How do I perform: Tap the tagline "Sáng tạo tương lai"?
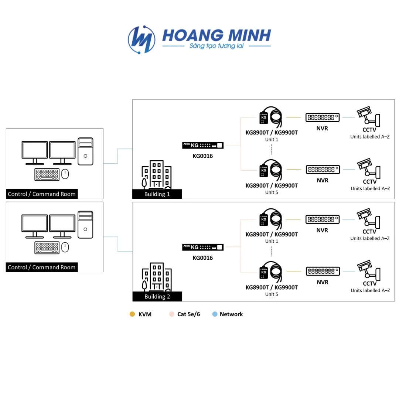pyautogui.click(x=217, y=46)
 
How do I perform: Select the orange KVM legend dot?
pyautogui.click(x=132, y=314)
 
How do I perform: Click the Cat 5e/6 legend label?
pyautogui.click(x=188, y=314)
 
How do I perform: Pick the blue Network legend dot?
pyautogui.click(x=215, y=314)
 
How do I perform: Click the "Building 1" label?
pyautogui.click(x=157, y=194)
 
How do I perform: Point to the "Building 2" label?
pyautogui.click(x=157, y=296)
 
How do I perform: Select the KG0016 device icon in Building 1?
pyautogui.click(x=203, y=145)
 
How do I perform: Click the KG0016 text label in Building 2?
pyautogui.click(x=202, y=258)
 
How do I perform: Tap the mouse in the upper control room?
pyautogui.click(x=65, y=174)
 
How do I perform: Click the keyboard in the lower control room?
pyautogui.click(x=47, y=248)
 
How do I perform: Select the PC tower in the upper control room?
pyautogui.click(x=85, y=151)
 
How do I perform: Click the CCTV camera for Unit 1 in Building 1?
pyautogui.click(x=368, y=115)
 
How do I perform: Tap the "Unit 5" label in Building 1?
pyautogui.click(x=272, y=192)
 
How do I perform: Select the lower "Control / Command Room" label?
pyautogui.click(x=42, y=267)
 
